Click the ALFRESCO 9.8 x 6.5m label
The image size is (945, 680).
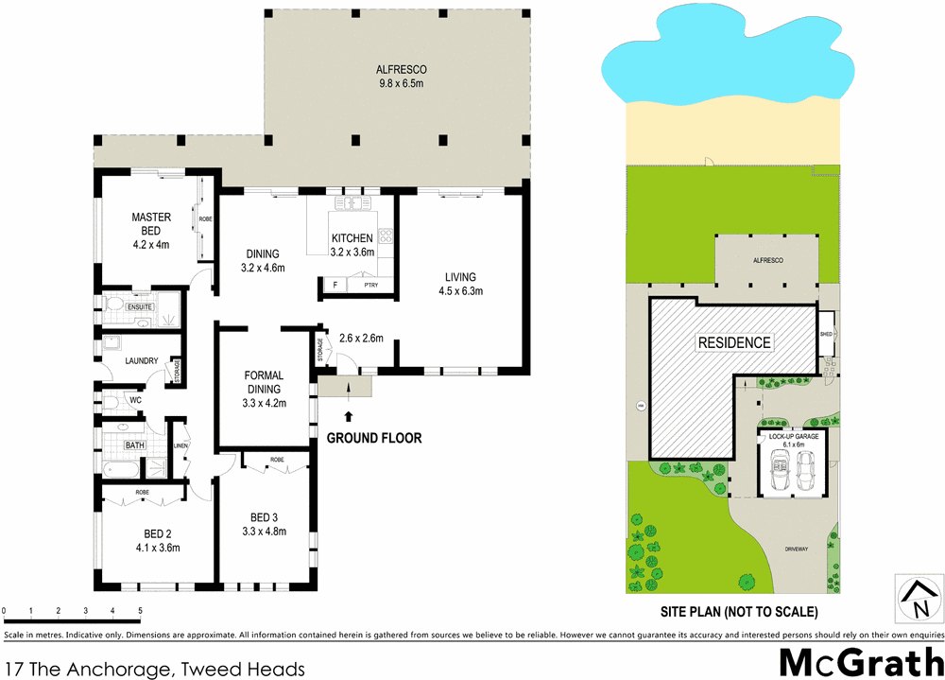(402, 77)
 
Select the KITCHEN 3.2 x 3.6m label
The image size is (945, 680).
(352, 245)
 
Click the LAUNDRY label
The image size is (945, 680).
(142, 360)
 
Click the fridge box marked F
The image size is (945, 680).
(334, 284)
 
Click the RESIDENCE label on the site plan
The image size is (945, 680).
(733, 342)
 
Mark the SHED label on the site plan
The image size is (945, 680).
(825, 334)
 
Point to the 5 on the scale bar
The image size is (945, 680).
(140, 610)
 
